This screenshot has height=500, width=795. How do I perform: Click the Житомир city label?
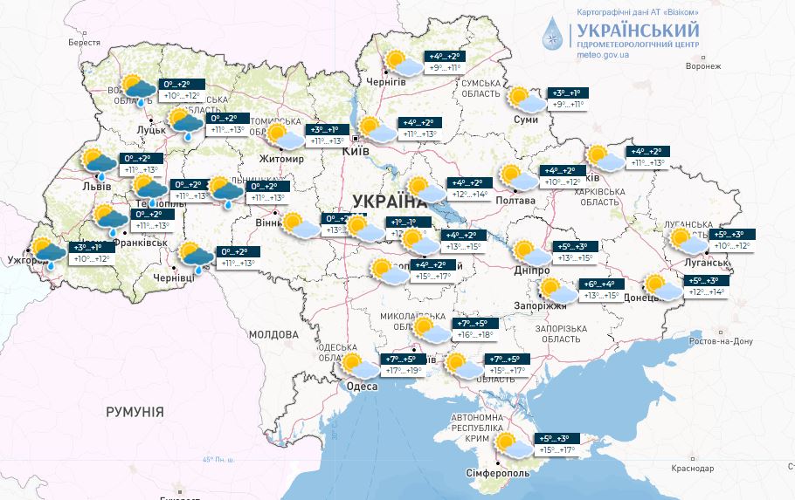[281, 159]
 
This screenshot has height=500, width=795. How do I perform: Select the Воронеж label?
[703, 65]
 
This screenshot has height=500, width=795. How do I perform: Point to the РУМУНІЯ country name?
[135, 411]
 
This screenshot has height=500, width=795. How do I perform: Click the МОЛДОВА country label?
[273, 334]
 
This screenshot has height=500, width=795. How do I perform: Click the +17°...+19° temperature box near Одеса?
[404, 371]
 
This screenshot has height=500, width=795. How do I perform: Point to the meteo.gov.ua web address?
[604, 54]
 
